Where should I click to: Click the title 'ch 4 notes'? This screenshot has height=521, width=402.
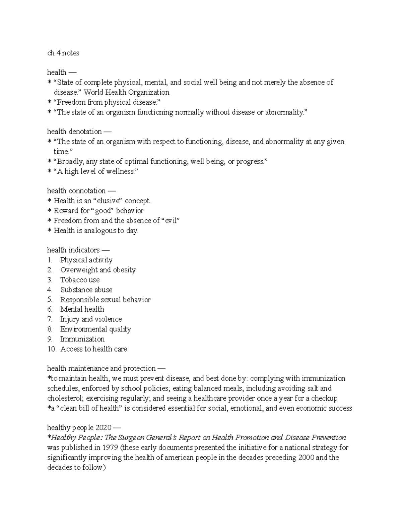63,53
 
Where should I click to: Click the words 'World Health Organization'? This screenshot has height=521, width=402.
126,92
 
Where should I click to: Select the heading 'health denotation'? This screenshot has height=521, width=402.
74,132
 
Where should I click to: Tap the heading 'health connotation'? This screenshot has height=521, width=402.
76,191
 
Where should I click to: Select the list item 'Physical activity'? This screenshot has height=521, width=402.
86,260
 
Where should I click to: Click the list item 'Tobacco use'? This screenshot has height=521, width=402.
80,280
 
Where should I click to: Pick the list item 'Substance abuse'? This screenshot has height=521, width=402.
86,290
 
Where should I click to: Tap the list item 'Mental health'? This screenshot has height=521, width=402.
82,309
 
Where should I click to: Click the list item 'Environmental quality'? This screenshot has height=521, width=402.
95,329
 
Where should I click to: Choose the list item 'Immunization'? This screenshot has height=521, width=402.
82,339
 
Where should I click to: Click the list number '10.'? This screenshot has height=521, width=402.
52,349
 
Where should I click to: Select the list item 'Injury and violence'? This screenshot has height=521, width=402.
91,319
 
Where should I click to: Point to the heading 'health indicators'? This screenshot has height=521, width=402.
74,250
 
